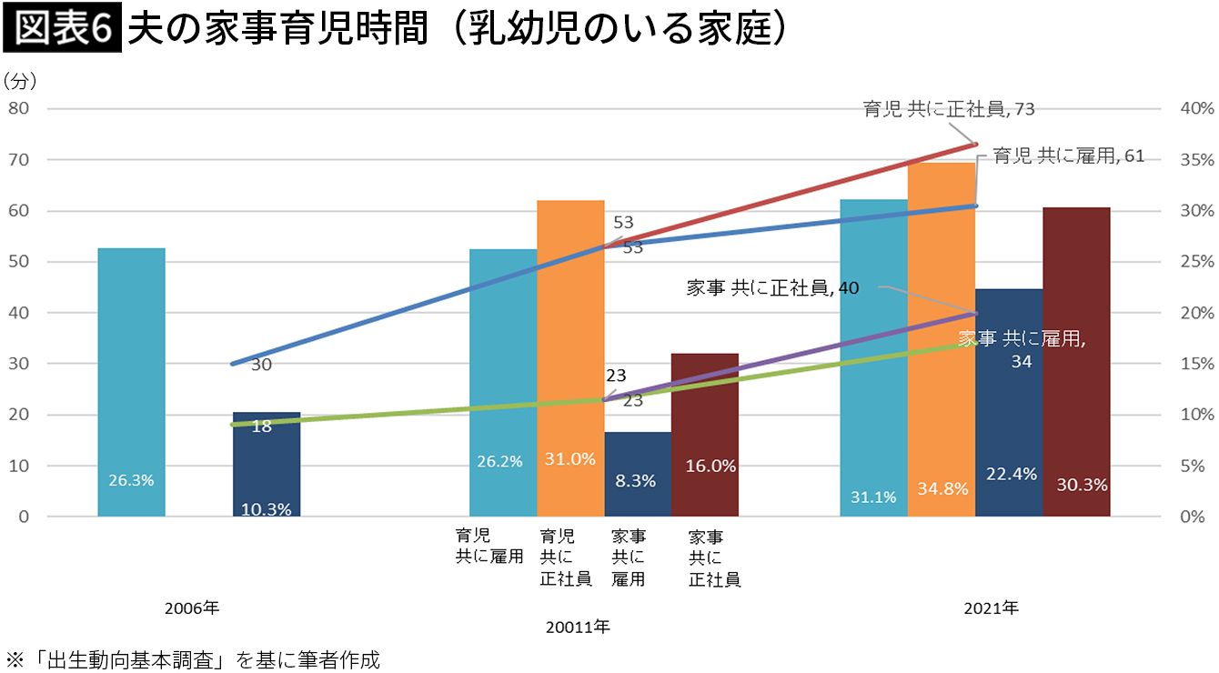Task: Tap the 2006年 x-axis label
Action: (192, 607)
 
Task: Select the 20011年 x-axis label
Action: (578, 627)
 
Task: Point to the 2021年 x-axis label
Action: (991, 607)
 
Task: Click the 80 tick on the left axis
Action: (20, 108)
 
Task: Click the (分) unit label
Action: (19, 81)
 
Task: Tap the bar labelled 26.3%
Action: (131, 382)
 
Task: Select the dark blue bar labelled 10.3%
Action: (267, 464)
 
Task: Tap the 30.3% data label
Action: (1082, 485)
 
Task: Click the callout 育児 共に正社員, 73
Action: (949, 109)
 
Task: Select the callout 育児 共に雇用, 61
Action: (1068, 156)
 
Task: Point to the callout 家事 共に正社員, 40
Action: (772, 288)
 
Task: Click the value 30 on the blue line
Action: (262, 365)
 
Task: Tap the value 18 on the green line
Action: (262, 425)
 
